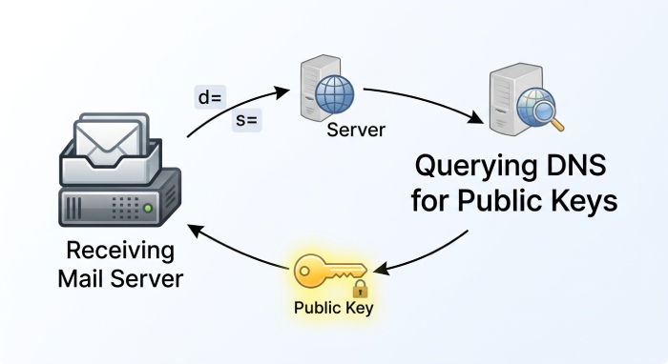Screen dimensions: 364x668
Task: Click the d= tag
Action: click(x=208, y=96)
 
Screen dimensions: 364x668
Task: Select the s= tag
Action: click(x=248, y=122)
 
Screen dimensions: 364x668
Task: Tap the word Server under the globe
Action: click(x=355, y=130)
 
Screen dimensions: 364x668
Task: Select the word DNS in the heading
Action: click(x=574, y=169)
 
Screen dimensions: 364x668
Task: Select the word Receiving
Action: click(x=120, y=252)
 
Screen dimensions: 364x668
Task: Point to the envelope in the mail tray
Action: click(x=108, y=142)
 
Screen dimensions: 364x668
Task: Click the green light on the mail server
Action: click(x=148, y=206)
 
